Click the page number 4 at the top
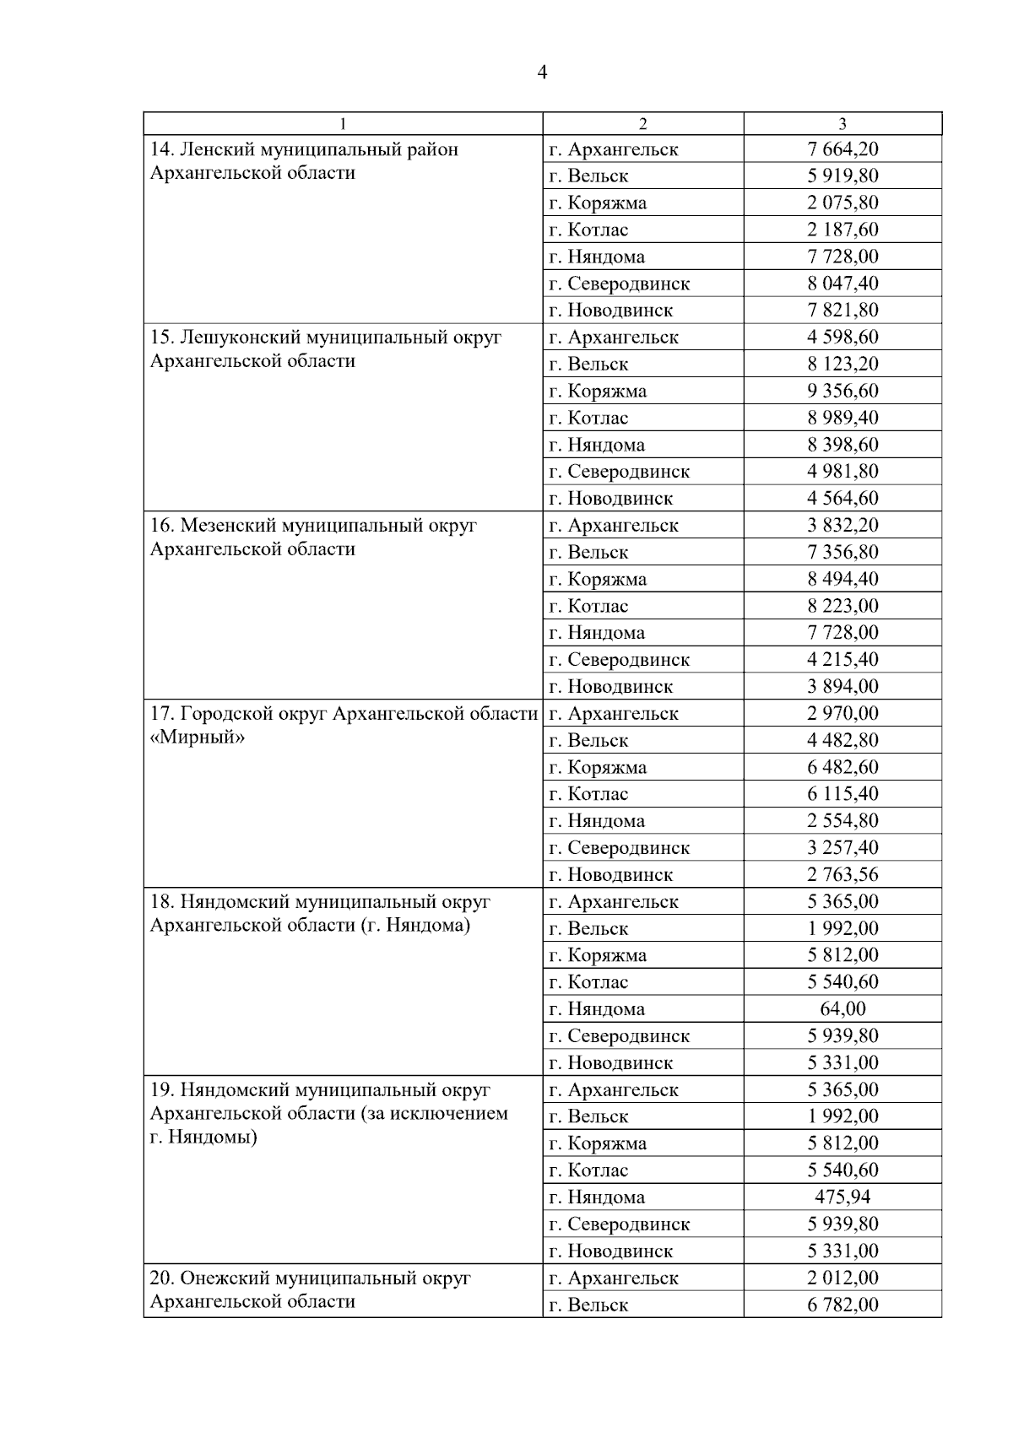542,73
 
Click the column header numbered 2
642,124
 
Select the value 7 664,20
842,149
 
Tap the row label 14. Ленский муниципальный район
304,149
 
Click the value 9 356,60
842,391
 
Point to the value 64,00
842,1008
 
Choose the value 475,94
842,1197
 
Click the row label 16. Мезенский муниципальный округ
313,526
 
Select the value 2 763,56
842,874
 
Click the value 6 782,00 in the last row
842,1305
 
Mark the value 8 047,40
842,284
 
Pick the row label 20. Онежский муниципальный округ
310,1278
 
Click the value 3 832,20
842,525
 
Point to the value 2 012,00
842,1278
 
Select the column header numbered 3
842,124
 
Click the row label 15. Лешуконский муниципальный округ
325,338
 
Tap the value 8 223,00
842,606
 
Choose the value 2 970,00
842,713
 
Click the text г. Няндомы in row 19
203,1137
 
